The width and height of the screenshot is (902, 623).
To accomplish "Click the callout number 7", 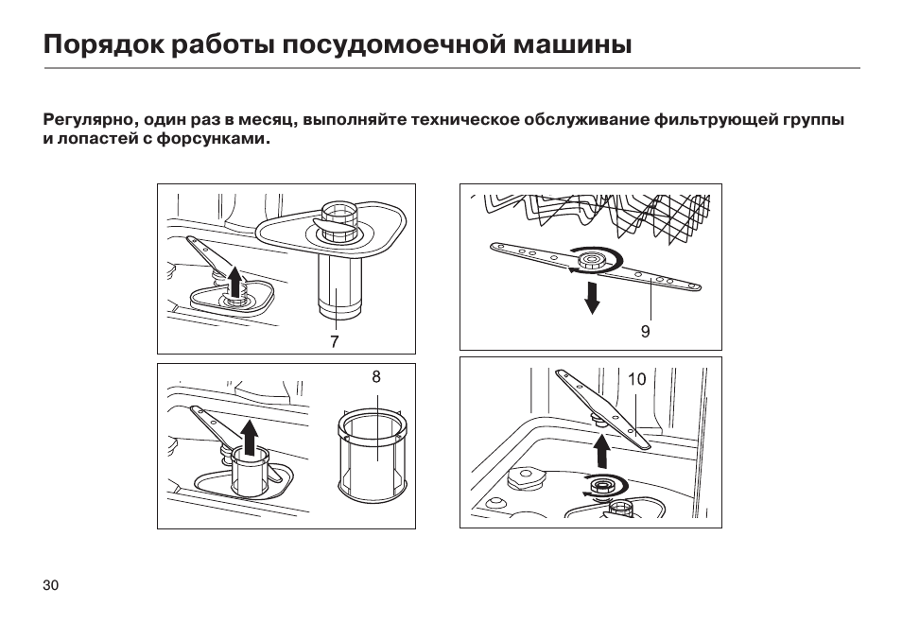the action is (334, 341).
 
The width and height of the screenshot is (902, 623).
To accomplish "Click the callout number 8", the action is (376, 377).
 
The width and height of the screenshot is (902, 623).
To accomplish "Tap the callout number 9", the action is (646, 331).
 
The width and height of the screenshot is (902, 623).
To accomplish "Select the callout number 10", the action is (637, 379).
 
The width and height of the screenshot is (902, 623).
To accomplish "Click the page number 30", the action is (51, 585).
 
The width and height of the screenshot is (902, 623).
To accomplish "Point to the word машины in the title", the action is (572, 44).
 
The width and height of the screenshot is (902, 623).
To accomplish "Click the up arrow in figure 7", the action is (234, 281).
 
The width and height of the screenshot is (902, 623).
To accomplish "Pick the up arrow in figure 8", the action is (249, 437).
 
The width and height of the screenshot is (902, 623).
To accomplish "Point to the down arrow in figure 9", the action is (591, 297).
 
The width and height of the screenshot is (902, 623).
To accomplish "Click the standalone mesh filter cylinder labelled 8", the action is (373, 455).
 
